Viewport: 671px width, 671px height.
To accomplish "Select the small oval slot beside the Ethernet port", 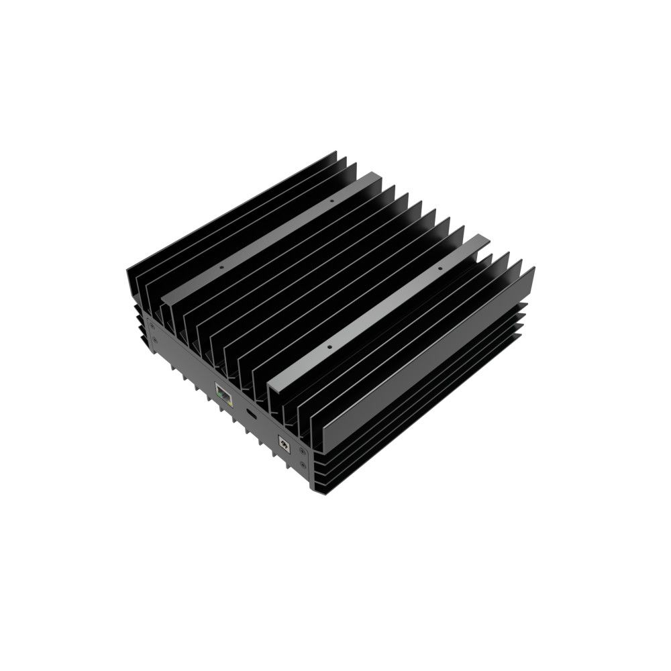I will click(x=251, y=414).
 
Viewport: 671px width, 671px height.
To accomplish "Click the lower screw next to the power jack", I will click(x=303, y=464).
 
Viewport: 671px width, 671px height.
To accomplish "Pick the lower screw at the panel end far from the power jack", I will click(x=155, y=342).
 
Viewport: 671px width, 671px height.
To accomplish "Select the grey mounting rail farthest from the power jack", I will click(x=275, y=235).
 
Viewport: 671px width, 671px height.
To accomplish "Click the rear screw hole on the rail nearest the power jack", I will click(x=440, y=268).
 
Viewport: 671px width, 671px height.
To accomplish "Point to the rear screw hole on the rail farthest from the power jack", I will click(x=331, y=200).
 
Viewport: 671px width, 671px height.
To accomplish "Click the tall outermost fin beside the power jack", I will click(x=429, y=356).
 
